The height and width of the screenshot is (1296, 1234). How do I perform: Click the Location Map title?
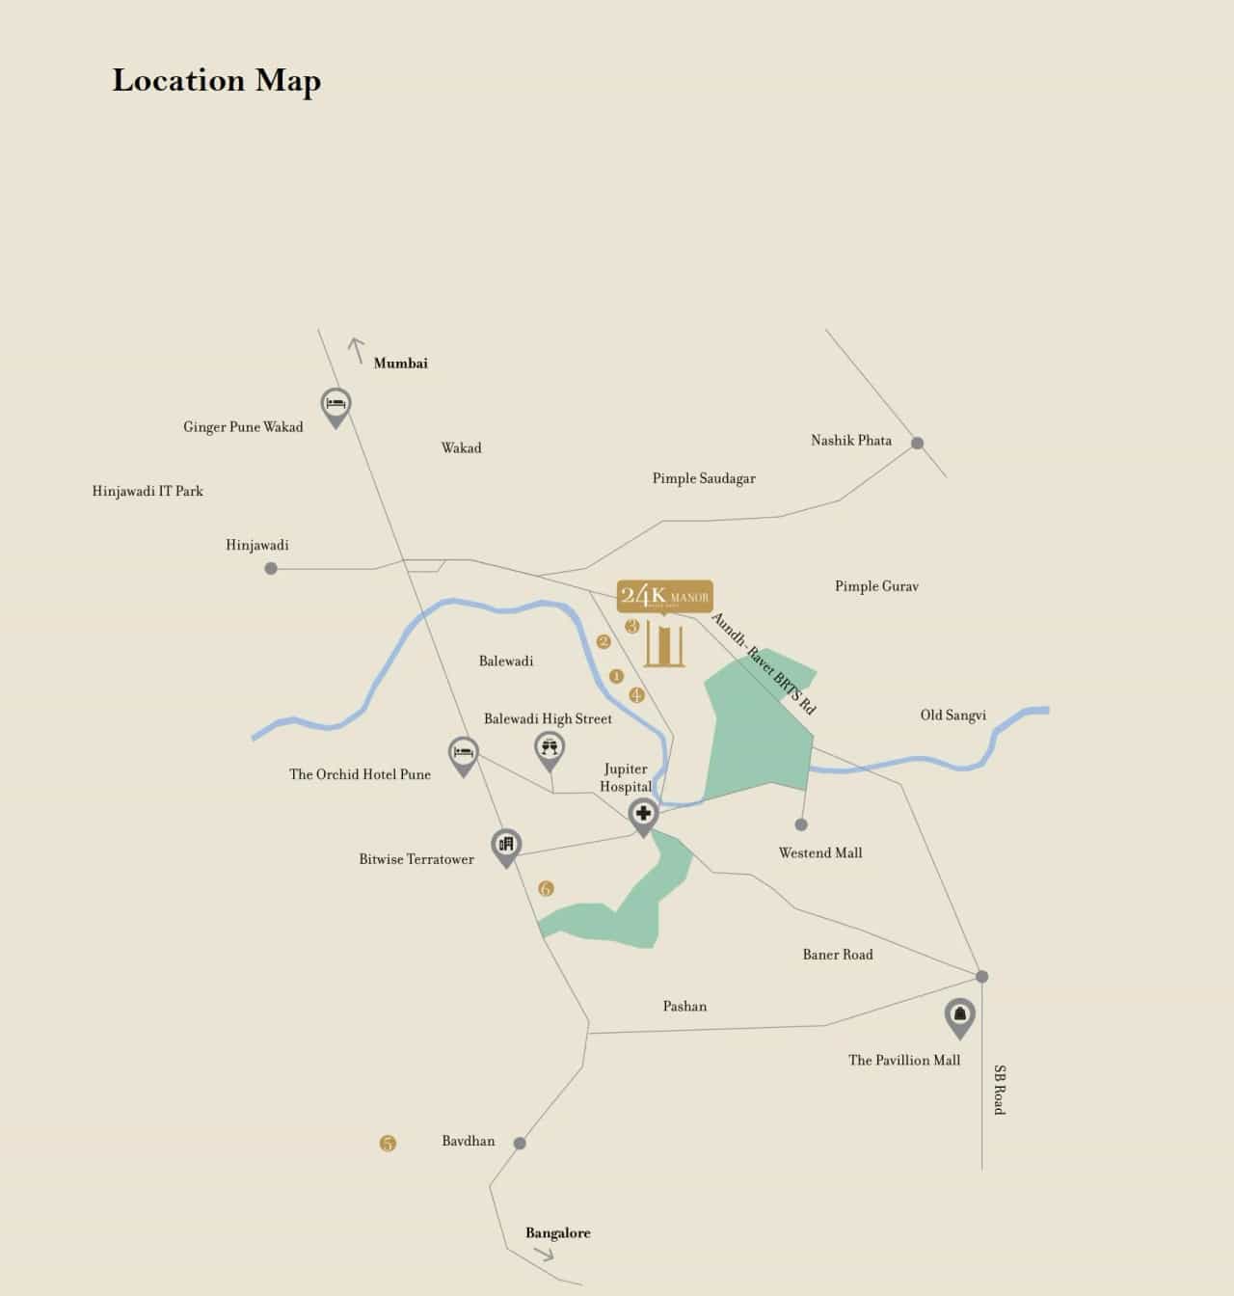click(x=216, y=81)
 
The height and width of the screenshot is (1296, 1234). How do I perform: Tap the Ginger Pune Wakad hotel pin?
click(x=335, y=405)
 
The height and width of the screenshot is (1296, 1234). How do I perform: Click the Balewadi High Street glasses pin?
click(x=550, y=748)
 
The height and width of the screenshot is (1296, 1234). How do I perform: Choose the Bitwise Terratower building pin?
click(x=506, y=846)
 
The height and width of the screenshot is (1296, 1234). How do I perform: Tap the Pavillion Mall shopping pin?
click(x=959, y=1015)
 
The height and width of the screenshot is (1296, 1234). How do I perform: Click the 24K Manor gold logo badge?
click(x=664, y=596)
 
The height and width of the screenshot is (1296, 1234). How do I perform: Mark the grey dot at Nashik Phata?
click(x=918, y=444)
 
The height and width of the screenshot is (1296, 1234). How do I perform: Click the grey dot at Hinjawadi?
click(x=271, y=569)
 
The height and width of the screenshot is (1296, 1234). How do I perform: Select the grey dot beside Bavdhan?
click(x=520, y=1144)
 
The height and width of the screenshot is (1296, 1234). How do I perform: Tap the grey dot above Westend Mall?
click(x=801, y=824)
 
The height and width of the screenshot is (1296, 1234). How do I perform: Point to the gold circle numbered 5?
click(x=388, y=1144)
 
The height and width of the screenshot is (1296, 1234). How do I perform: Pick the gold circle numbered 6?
click(x=546, y=888)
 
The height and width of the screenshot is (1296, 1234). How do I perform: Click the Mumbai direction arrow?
click(x=357, y=349)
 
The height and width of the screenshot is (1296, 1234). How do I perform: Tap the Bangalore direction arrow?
click(x=544, y=1255)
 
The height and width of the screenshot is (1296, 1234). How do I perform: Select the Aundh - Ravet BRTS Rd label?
click(x=764, y=663)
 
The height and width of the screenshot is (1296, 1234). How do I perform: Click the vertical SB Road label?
click(x=1000, y=1090)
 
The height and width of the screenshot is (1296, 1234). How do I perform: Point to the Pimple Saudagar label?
click(x=704, y=478)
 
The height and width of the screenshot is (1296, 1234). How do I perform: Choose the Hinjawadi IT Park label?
click(x=148, y=491)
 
